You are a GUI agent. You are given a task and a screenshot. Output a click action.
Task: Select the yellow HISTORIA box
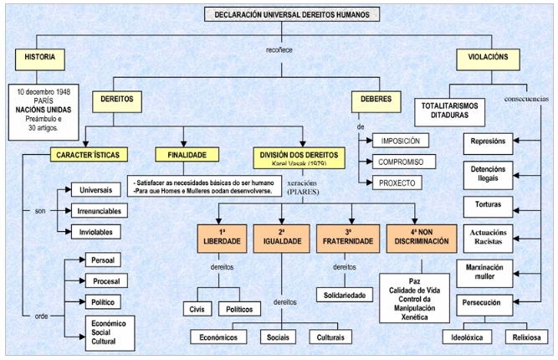[38, 59]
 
